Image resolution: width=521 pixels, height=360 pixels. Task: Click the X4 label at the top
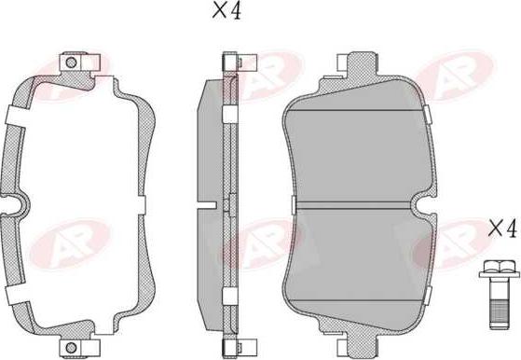(226, 11)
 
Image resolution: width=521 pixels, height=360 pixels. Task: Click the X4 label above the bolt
(503, 228)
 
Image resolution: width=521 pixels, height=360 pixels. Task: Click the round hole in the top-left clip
(71, 62)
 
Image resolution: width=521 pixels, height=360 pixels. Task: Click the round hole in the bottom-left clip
(71, 348)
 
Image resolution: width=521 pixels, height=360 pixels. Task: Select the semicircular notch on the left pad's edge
(17, 205)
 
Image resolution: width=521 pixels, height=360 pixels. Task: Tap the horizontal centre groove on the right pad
(353, 205)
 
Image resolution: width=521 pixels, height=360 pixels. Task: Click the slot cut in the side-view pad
(206, 205)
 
